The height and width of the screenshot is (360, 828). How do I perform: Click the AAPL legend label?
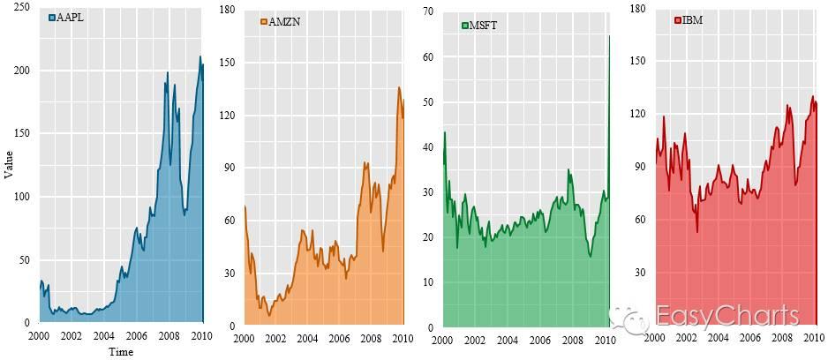coord(70,18)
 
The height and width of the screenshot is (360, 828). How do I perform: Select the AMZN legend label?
coord(284,22)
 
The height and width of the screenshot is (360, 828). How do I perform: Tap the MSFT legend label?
coord(485,26)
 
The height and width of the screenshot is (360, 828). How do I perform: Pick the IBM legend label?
coord(693,19)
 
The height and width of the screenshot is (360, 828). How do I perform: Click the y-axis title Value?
coord(9,164)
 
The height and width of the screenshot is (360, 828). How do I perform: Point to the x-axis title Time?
coord(121,352)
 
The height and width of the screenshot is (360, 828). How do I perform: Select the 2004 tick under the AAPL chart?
coord(103,337)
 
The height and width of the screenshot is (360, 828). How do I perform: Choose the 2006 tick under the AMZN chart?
coord(339,339)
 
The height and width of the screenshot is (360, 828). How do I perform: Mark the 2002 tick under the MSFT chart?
coord(474,340)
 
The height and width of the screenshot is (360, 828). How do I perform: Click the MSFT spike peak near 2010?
coord(609,36)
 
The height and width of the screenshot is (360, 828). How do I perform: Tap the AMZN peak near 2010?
coord(399,87)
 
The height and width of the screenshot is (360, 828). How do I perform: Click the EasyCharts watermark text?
coord(727,316)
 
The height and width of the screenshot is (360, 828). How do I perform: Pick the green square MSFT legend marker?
coord(466,26)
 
